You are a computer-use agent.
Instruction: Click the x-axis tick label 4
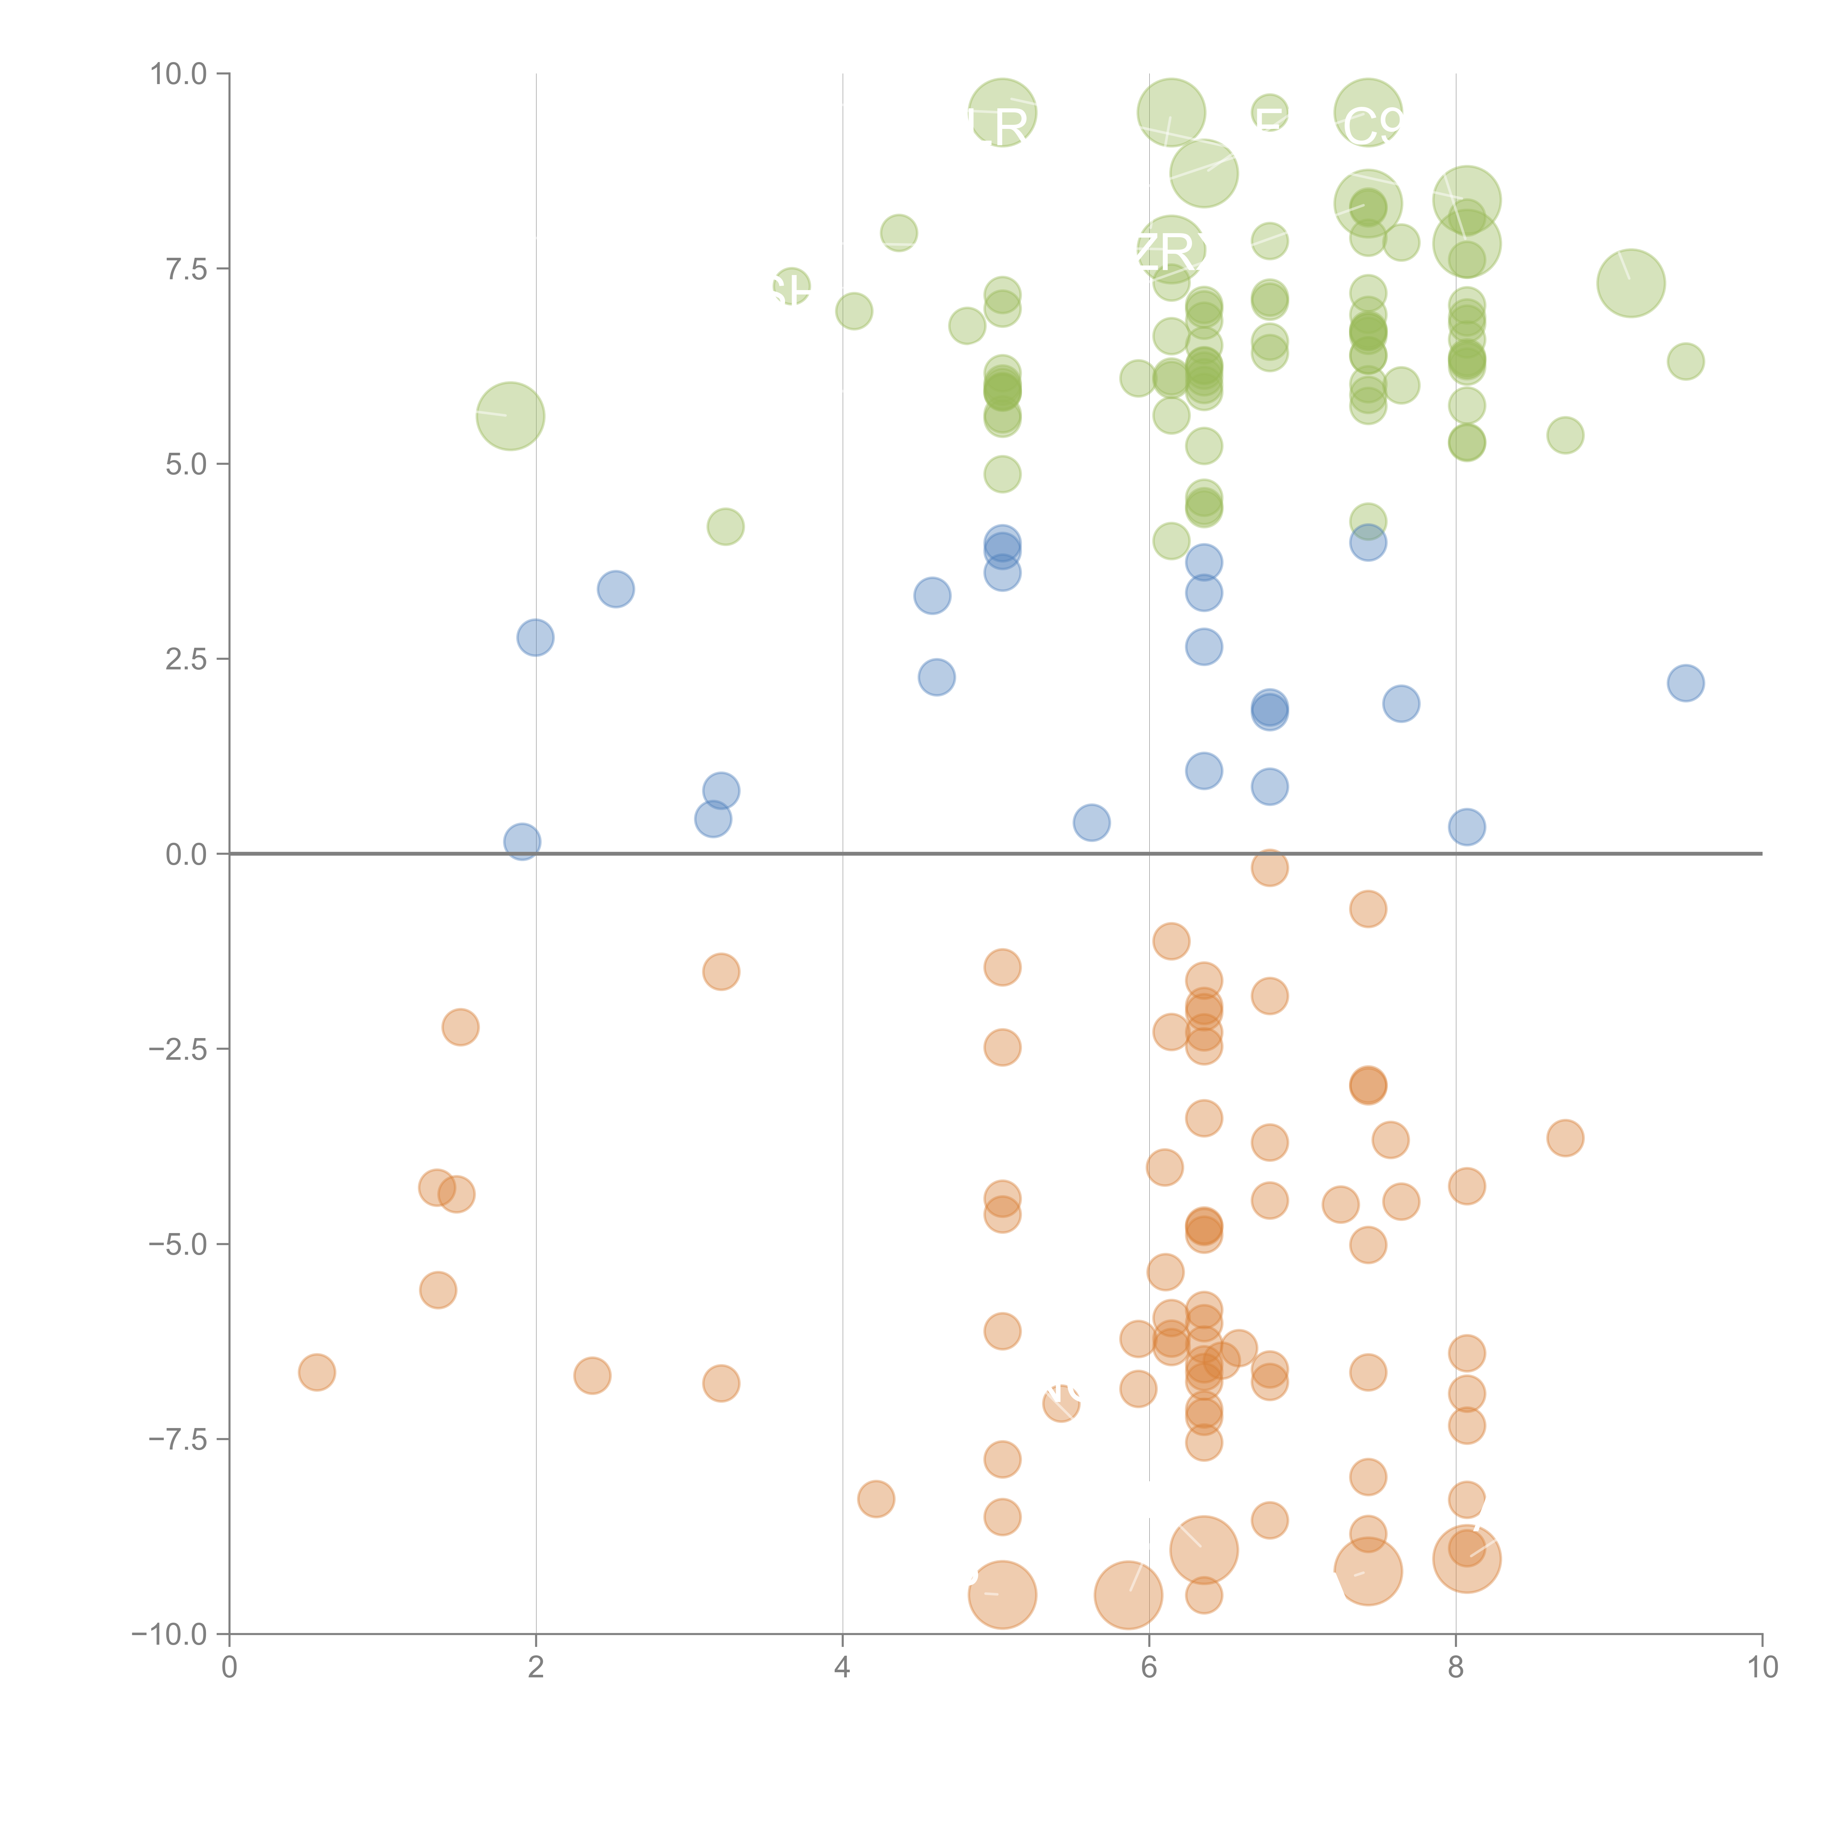point(842,1668)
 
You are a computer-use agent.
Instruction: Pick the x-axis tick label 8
point(1456,1668)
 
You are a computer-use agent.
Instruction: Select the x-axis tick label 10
point(1762,1668)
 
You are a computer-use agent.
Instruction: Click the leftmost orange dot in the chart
point(317,1372)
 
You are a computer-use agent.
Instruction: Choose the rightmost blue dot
point(1685,682)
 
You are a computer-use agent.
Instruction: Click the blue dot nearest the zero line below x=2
point(522,841)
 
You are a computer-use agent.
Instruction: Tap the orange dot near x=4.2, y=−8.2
point(875,1499)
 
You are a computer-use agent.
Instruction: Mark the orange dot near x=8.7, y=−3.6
point(1565,1138)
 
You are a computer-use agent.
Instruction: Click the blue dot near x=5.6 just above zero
point(1091,822)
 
